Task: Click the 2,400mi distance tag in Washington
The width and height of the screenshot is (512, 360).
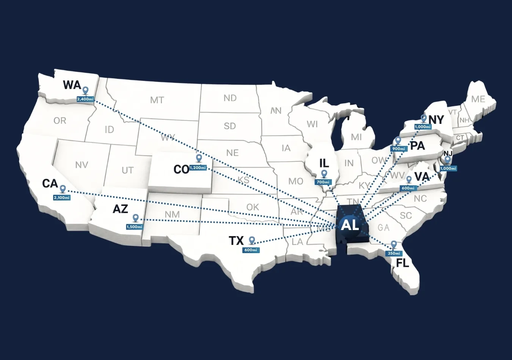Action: [x=85, y=99]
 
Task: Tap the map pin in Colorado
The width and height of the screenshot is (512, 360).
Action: [x=199, y=158]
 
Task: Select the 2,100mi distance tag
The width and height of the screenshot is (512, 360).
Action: [x=62, y=197]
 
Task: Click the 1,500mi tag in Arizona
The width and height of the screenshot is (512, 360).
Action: [x=134, y=227]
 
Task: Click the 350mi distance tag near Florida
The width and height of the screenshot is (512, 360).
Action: [x=394, y=253]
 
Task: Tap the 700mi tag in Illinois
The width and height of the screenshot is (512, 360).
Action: [x=323, y=182]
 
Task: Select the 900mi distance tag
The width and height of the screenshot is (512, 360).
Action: [x=398, y=149]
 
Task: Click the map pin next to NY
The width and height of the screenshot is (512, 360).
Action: [x=424, y=119]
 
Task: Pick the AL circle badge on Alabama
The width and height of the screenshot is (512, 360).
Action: [x=350, y=225]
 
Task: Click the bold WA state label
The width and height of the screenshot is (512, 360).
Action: [x=72, y=85]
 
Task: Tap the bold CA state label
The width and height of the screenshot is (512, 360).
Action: [x=50, y=184]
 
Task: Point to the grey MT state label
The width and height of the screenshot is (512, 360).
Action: [x=157, y=100]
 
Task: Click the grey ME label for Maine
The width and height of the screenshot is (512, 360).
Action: [x=478, y=99]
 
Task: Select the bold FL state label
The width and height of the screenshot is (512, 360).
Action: [x=403, y=263]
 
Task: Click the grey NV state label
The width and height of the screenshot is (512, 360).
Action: [x=82, y=165]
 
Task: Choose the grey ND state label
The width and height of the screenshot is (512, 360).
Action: [x=230, y=98]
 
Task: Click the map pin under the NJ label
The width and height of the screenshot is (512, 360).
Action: [x=448, y=160]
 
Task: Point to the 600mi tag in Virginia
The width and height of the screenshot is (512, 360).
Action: [x=408, y=188]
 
